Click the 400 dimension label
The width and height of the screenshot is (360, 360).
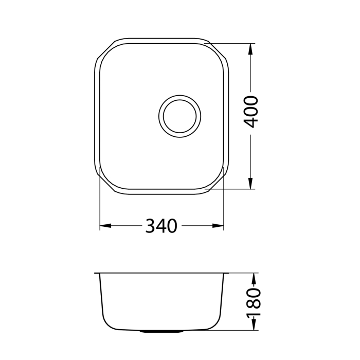[251, 112]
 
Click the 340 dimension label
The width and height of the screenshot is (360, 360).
[161, 226]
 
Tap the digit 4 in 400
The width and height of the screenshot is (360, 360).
[251, 122]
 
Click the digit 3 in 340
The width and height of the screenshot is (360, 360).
[151, 226]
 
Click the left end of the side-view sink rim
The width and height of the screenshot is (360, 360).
[97, 273]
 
